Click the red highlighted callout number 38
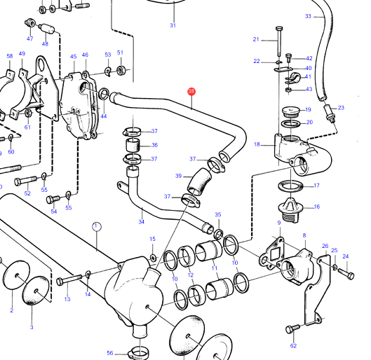click(191, 92)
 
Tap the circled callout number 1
click(96, 226)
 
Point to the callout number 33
click(308, 16)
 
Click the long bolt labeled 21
click(279, 41)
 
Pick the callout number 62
click(293, 346)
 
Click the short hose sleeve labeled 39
click(199, 181)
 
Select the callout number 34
click(141, 221)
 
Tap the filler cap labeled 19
click(291, 112)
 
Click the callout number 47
click(30, 39)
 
